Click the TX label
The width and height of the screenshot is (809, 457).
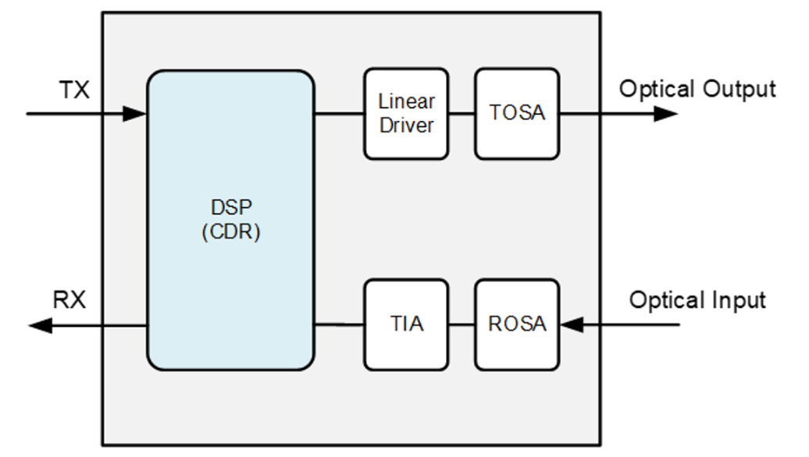coord(74,90)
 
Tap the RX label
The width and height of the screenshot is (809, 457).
coord(69,299)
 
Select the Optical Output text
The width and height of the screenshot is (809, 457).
coord(697,89)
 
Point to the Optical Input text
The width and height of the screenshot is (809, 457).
coord(697,300)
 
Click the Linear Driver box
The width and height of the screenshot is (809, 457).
coord(406,114)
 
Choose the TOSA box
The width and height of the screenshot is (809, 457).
coord(517,114)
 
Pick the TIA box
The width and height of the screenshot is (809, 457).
coord(406,324)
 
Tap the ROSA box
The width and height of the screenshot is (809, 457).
coord(517,324)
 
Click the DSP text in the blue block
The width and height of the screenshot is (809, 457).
coord(231,207)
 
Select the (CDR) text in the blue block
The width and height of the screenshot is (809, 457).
coord(231,232)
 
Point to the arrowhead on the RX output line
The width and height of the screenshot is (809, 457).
coord(41,326)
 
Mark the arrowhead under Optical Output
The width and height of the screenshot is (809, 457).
coord(665,114)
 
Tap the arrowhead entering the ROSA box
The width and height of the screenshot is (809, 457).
coord(572,324)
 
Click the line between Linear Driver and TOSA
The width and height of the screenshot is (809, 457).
coord(462,114)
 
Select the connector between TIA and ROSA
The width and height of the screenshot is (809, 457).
coord(462,324)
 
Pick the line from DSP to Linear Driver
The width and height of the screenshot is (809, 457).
coord(339,114)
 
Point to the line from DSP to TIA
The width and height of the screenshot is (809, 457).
coord(339,324)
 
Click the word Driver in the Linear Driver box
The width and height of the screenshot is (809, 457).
coord(407,126)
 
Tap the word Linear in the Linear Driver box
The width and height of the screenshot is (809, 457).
coord(407,101)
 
